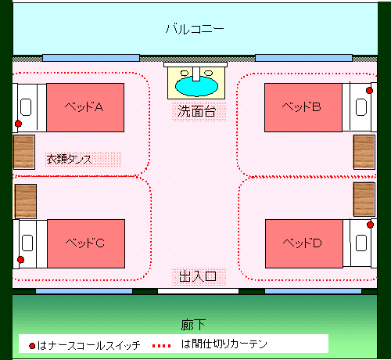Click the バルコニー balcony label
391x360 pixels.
195,29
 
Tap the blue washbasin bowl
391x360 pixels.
197,86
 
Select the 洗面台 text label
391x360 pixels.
197,111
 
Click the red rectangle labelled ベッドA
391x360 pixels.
85,107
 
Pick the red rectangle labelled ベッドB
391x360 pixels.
303,107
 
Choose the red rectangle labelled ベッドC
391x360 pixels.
86,243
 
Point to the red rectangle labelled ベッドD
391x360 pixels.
304,243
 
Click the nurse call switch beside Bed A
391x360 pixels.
18,124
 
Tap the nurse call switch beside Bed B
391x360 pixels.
369,90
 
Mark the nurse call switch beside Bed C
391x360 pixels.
20,260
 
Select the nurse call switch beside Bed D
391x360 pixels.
370,225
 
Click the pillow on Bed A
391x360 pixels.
26,107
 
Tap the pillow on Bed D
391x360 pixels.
361,243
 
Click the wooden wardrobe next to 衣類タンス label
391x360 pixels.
24,152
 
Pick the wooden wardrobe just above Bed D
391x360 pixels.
364,200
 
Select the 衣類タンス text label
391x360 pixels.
69,159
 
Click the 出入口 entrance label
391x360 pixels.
198,276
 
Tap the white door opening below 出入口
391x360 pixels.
198,291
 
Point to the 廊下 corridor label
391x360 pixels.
193,325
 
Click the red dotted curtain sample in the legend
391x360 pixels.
162,346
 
